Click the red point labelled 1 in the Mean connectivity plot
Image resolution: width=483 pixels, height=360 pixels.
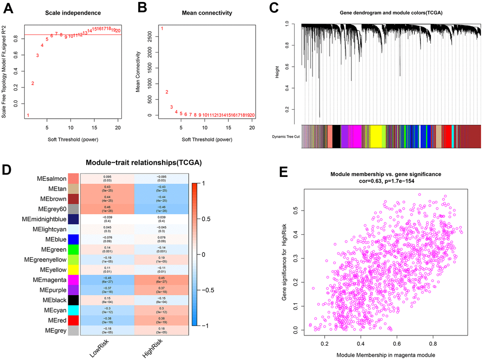pos(162,29)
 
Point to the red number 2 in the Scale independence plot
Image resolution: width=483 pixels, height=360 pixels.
pos(33,84)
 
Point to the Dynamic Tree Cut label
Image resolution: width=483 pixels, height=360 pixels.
pos(286,137)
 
